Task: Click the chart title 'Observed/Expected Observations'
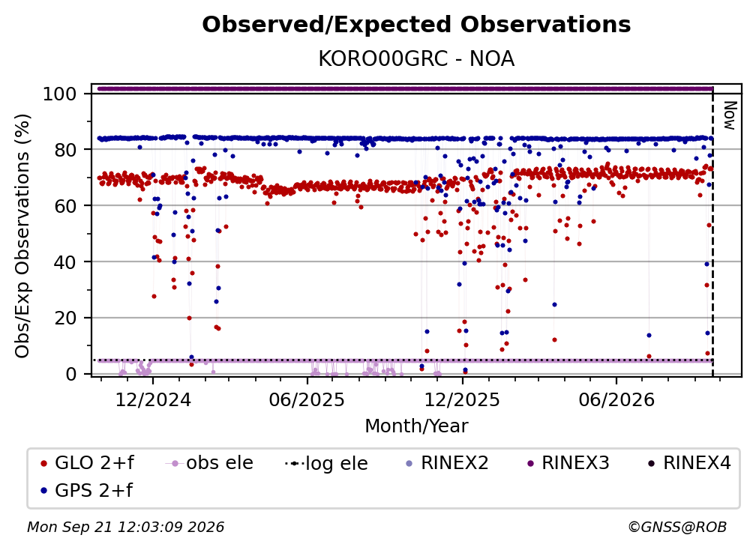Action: coord(416,25)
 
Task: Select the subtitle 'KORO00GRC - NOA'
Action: coord(416,59)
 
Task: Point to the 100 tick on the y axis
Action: coord(60,94)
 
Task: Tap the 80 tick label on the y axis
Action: coord(65,150)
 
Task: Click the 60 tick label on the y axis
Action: coord(65,205)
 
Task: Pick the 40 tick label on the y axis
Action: coord(65,262)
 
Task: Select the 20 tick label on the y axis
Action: coord(65,318)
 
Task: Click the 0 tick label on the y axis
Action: coord(71,374)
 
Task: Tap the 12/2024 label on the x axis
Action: coord(153,400)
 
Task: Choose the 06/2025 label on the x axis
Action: coord(307,400)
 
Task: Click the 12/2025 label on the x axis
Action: coord(462,400)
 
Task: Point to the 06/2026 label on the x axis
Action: coord(616,400)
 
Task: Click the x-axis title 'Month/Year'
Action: coord(416,426)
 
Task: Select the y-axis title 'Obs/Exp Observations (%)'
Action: coord(22,236)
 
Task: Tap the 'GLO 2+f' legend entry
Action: coord(87,463)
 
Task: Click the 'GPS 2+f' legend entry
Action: coord(87,491)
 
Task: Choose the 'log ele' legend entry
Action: coord(327,463)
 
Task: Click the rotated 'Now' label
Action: coord(730,115)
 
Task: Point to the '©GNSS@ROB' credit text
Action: coord(677,528)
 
